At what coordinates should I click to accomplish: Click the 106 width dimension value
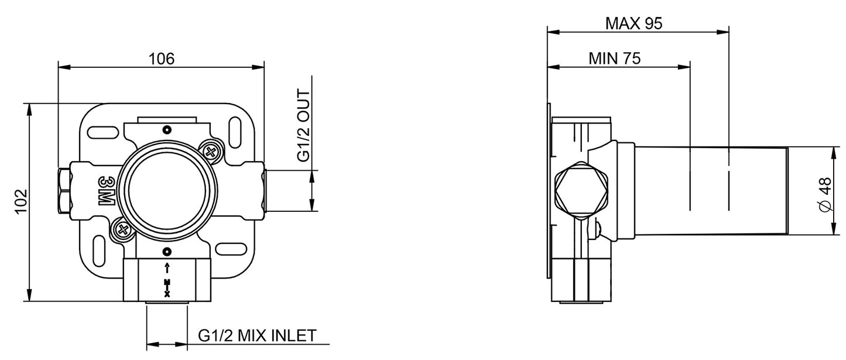click(162, 58)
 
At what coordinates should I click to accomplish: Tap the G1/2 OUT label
click(303, 125)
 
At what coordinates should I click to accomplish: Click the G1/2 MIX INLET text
click(257, 336)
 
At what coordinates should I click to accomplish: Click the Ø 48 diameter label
click(825, 196)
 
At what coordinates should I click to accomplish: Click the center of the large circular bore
click(167, 190)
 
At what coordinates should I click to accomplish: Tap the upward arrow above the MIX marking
click(167, 269)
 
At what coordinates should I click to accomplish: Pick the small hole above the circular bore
click(167, 129)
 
